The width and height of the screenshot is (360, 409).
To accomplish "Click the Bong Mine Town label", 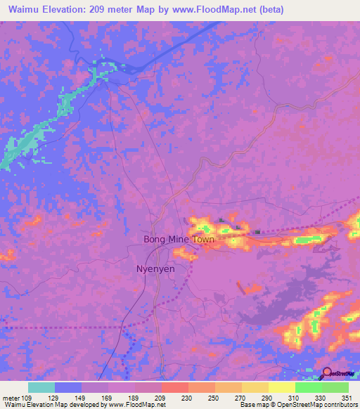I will (179, 240).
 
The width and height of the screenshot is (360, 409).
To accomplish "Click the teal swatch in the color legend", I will (41, 387).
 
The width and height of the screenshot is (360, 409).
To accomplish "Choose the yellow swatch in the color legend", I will (281, 387).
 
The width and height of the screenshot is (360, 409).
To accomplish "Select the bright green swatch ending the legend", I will (335, 387).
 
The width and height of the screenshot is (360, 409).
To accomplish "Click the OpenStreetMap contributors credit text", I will (309, 405).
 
